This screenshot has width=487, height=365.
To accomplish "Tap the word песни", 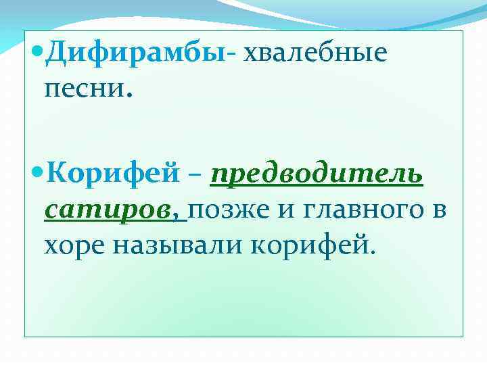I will pos(80,88).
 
